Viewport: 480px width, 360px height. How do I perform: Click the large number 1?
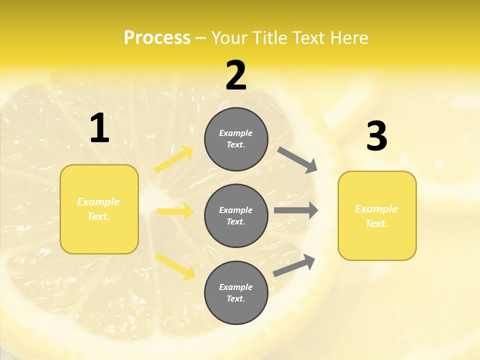99,128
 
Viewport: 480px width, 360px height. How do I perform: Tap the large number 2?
236,76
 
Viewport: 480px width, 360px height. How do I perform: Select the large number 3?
377,136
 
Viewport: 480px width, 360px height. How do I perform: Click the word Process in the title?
157,38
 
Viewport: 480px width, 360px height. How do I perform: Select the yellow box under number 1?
99,209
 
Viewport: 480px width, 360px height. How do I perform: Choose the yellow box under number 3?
377,215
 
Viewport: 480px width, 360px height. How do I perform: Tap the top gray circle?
236,139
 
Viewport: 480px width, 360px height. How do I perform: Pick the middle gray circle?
236,215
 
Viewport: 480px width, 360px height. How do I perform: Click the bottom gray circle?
236,292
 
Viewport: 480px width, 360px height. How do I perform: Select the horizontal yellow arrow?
175,211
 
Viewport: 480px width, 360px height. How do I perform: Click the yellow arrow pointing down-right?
175,266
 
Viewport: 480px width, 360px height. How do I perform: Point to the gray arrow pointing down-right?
297,159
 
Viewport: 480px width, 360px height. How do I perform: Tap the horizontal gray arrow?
296,210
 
